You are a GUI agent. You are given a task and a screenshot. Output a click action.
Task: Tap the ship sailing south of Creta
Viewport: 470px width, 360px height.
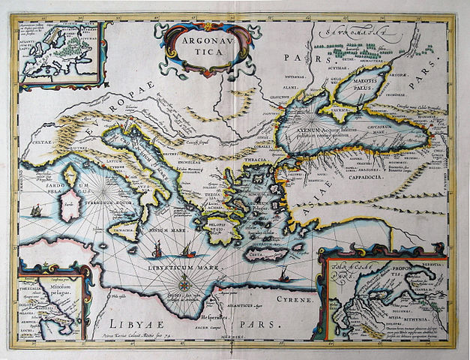click(x=284, y=277)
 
